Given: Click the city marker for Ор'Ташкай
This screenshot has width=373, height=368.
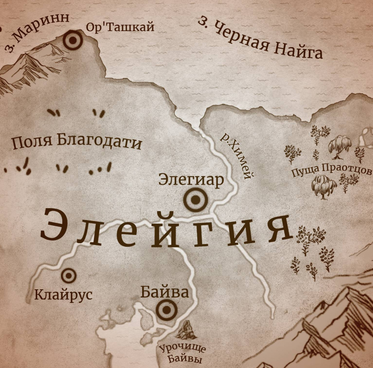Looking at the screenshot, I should point(73,41).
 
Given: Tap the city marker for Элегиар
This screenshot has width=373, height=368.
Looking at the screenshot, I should point(195,200).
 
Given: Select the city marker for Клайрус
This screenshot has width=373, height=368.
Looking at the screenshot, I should point(69,276).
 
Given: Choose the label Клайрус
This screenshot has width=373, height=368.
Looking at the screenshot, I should point(63,295).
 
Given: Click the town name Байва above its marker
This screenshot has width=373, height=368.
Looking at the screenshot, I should point(164,292).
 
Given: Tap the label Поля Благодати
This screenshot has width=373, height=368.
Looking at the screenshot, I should point(76,142).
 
